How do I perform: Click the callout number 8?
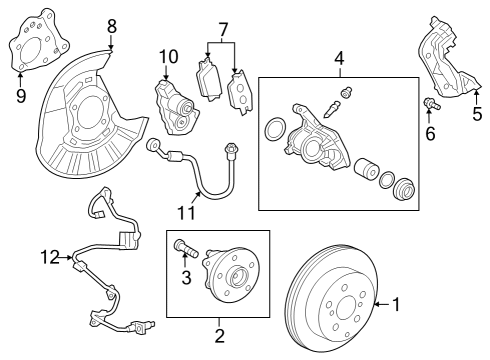[111, 24]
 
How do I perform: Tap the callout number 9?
[21, 96]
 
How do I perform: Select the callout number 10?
[166, 56]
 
